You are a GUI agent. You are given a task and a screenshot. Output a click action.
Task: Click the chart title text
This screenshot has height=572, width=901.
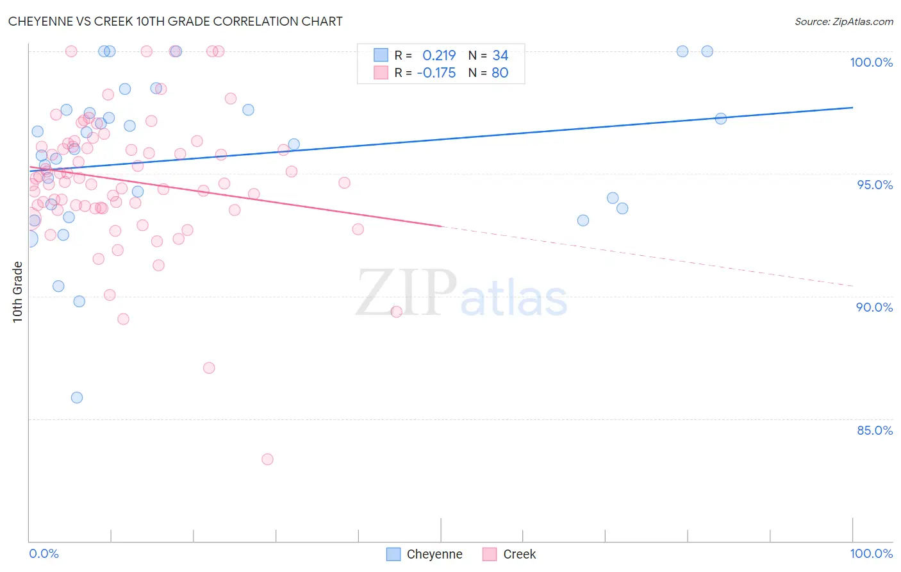[175, 21]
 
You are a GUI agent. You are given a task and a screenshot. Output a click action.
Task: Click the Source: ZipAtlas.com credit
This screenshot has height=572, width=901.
[843, 21]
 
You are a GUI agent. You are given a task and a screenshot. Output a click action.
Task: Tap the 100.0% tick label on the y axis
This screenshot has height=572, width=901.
[871, 62]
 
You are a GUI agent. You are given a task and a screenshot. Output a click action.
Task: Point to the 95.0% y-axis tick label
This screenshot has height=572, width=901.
[875, 185]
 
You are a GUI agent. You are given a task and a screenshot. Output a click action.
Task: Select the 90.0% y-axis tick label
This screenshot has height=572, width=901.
[874, 307]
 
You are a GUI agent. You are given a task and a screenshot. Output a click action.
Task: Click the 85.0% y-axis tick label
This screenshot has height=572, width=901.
[874, 430]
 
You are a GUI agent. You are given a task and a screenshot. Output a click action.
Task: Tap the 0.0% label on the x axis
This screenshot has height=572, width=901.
[44, 553]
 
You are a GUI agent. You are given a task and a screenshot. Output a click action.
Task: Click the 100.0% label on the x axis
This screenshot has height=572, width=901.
[871, 553]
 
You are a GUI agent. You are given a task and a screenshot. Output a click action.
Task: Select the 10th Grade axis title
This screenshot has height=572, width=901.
[17, 292]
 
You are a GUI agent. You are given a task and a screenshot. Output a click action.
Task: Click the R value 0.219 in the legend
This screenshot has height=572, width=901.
[439, 56]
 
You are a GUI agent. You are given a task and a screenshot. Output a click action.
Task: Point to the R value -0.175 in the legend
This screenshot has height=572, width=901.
[436, 73]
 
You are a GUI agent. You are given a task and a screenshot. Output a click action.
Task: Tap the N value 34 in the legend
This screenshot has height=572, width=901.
[500, 56]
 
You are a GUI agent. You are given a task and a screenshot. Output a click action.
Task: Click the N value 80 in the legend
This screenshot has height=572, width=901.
[500, 73]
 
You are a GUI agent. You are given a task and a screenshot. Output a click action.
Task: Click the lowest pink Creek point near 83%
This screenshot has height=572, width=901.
[267, 459]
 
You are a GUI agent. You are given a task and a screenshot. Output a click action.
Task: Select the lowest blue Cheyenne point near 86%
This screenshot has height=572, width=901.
[77, 398]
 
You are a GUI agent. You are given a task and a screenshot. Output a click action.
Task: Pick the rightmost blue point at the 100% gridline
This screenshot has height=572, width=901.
[707, 51]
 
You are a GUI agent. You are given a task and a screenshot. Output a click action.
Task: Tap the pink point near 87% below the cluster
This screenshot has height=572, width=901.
[209, 368]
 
